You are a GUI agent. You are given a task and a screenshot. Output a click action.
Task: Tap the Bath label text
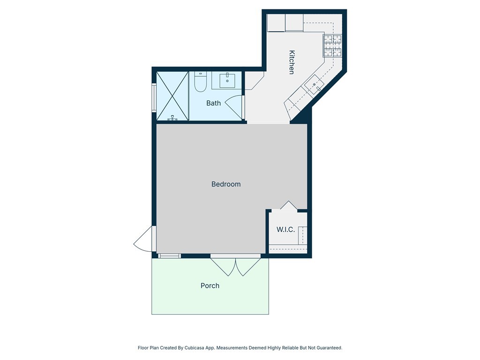(x=213, y=103)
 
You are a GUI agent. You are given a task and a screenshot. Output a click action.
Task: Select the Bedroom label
(x=226, y=184)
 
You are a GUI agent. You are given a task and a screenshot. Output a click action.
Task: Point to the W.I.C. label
(x=285, y=230)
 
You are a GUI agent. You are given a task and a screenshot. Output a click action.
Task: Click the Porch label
(x=210, y=285)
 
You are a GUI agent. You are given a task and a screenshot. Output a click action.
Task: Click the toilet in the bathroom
(x=200, y=82)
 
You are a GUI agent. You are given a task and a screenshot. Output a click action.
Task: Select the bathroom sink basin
(x=228, y=80)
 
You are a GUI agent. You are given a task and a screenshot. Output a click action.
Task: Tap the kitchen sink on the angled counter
(x=314, y=85)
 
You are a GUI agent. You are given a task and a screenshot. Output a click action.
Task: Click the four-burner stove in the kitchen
(x=333, y=45)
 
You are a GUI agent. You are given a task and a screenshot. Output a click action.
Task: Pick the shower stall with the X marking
(x=172, y=96)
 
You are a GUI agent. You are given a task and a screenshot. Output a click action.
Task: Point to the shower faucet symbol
(x=172, y=118)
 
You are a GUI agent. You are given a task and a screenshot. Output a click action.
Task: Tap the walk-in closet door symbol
(x=288, y=206)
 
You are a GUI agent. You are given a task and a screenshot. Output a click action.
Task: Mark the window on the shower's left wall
(x=154, y=97)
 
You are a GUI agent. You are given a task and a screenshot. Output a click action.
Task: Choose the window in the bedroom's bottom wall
(x=169, y=256)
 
